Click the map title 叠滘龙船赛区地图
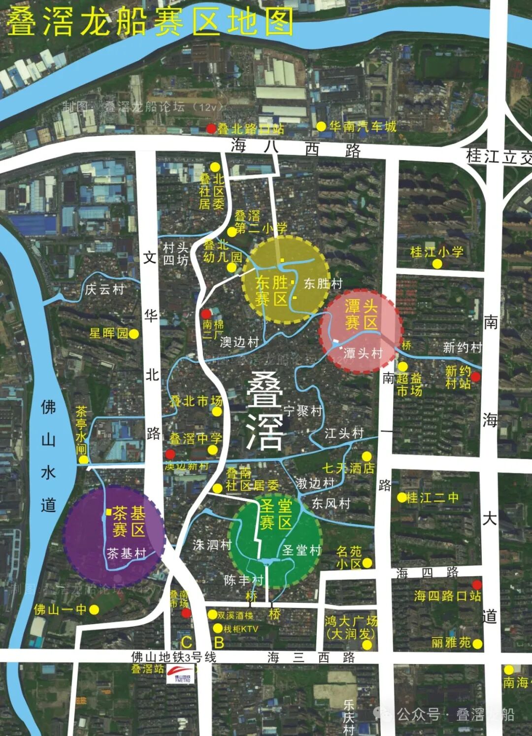(150, 22)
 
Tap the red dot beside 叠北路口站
(211, 129)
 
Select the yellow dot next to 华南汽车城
(321, 127)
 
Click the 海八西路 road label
(296, 148)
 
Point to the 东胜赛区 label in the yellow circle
(271, 290)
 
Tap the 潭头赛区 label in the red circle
(361, 315)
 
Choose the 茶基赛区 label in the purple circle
(129, 521)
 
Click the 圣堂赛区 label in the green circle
(276, 514)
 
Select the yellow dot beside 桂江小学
(437, 264)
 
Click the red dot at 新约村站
(475, 377)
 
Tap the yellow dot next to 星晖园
(133, 334)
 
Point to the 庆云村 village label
(104, 289)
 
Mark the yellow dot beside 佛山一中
(94, 610)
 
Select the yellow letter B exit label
(219, 643)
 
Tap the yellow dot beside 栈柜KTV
(218, 629)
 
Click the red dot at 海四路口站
(477, 585)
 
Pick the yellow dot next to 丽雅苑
(477, 643)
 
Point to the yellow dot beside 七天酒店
(366, 456)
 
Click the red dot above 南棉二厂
(206, 314)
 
